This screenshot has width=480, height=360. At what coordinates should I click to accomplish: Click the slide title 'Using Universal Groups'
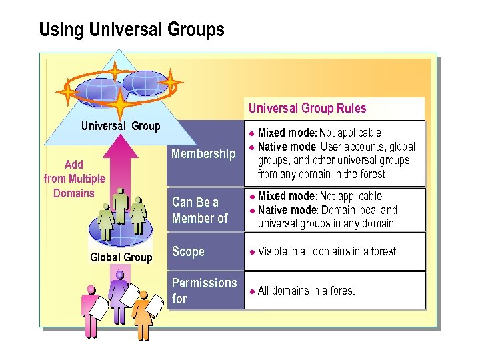pyautogui.click(x=131, y=30)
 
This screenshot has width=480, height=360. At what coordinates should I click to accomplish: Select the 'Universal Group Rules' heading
pyautogui.click(x=307, y=108)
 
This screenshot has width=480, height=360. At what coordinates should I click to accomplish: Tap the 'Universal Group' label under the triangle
pyautogui.click(x=121, y=126)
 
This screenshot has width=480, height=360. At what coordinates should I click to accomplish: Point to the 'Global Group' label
pyautogui.click(x=121, y=257)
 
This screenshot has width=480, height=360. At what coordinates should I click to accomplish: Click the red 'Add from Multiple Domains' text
pyautogui.click(x=74, y=179)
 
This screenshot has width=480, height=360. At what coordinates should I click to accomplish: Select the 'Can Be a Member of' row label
pyautogui.click(x=199, y=210)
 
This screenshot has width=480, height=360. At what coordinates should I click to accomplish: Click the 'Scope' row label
pyautogui.click(x=188, y=251)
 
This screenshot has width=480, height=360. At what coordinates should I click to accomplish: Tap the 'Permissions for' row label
pyautogui.click(x=204, y=291)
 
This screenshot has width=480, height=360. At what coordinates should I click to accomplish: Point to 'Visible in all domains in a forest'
pyautogui.click(x=327, y=251)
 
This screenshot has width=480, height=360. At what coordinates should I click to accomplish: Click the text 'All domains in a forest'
pyautogui.click(x=306, y=291)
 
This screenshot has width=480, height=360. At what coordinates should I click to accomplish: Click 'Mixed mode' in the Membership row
pyautogui.click(x=287, y=133)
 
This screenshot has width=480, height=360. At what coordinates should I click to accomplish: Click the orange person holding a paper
pyautogui.click(x=143, y=313)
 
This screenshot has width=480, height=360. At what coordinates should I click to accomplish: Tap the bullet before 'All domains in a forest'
pyautogui.click(x=252, y=291)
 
